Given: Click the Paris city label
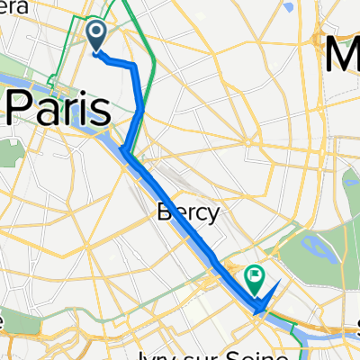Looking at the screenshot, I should point(58,109).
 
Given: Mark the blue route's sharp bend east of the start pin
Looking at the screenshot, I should point(135,67).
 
